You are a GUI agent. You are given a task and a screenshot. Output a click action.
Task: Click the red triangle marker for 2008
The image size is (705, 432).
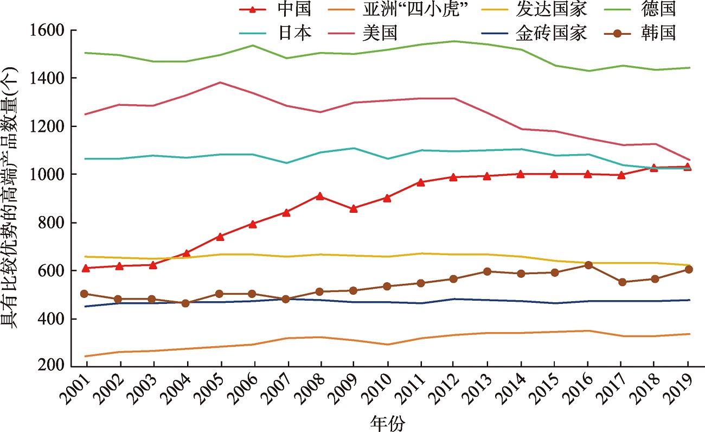coord(321,196)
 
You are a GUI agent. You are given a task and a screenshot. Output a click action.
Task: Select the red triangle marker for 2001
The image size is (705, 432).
coord(86,268)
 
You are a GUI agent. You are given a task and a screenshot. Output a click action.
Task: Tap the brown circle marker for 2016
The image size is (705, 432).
coord(588,265)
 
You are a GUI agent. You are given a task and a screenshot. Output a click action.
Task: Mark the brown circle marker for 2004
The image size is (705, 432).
coord(186,303)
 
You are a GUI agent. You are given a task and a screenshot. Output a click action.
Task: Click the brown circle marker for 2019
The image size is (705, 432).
coord(688,269)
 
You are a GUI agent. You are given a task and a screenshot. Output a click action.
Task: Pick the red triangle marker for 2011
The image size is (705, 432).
coord(421,182)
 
